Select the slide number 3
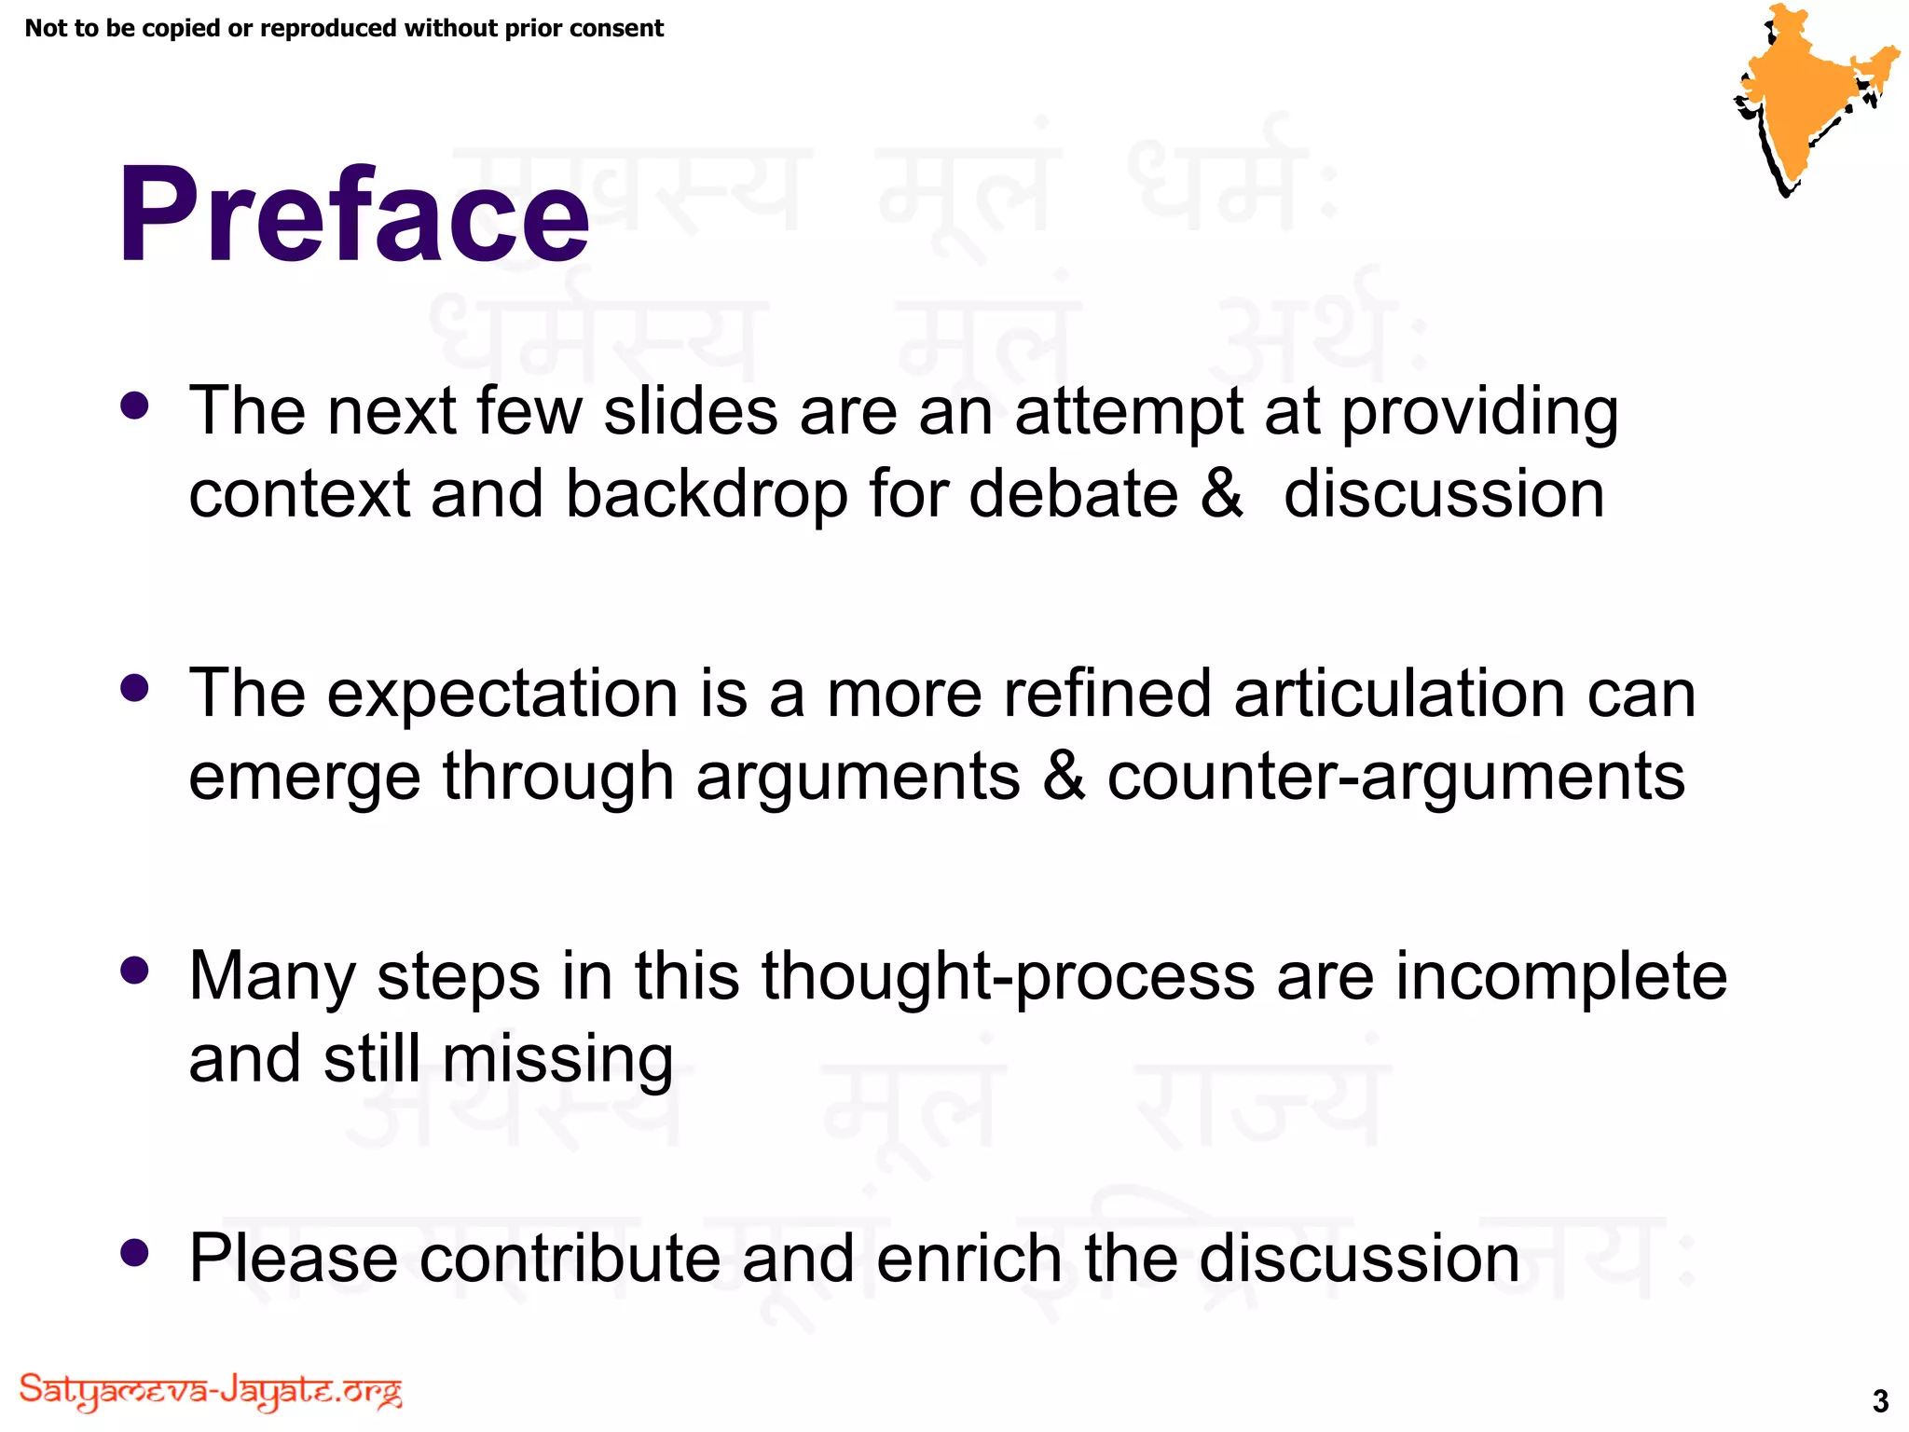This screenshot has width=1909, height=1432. coord(1880,1400)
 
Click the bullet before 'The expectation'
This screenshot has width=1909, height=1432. coord(135,689)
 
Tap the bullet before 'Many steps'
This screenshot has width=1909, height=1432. coord(135,971)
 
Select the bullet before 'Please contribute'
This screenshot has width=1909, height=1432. coord(135,1253)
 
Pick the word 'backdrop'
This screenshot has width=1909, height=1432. coord(707,494)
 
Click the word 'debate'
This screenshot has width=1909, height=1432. coord(1073,494)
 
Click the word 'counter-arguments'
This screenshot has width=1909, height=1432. coord(1395,778)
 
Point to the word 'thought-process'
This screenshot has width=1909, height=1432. coord(1008,979)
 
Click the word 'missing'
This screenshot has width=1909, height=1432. coord(557,1061)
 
